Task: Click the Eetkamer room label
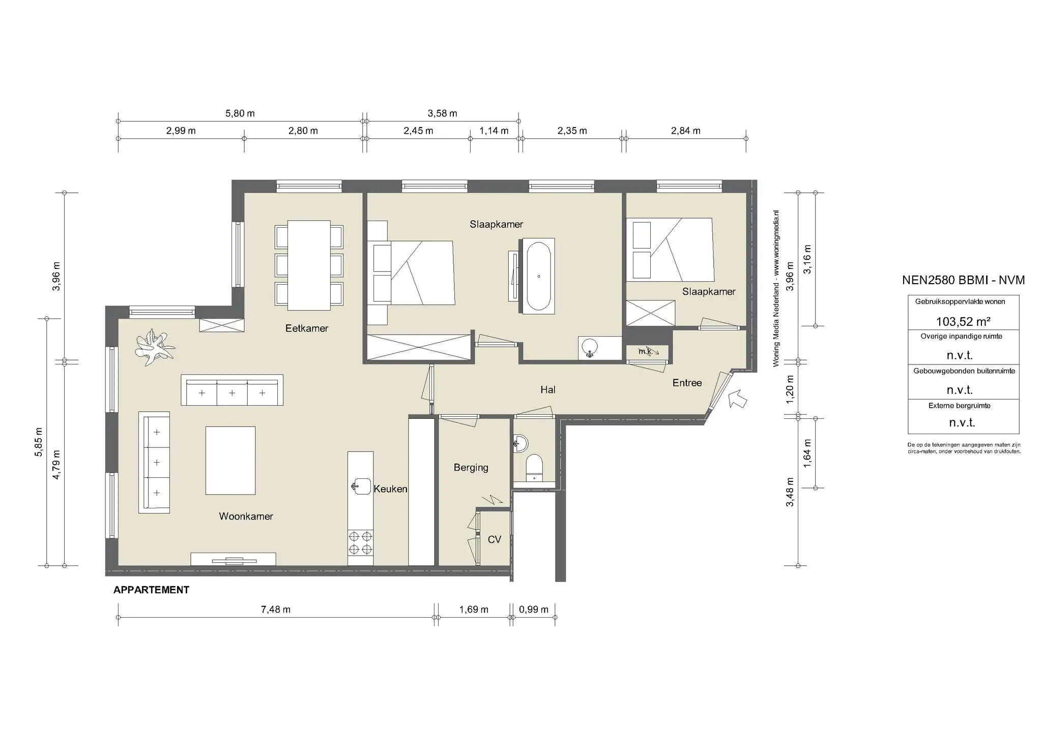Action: [307, 328]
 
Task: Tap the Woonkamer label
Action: [246, 517]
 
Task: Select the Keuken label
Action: [390, 489]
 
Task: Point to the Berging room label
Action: [471, 468]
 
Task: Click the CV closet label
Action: [495, 540]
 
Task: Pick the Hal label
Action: [548, 390]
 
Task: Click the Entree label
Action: [687, 383]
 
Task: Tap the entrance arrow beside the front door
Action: [738, 399]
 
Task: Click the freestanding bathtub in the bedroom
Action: [539, 277]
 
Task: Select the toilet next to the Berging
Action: [534, 467]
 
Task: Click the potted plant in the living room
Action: [154, 348]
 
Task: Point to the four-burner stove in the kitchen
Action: [360, 542]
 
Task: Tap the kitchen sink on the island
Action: [361, 487]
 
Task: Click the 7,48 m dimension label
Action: [276, 610]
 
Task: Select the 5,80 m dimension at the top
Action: [240, 113]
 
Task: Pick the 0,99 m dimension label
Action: [534, 610]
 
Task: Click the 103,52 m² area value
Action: [963, 322]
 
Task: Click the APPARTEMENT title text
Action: [151, 590]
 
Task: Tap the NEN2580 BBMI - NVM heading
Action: [963, 280]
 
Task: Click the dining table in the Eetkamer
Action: [309, 265]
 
